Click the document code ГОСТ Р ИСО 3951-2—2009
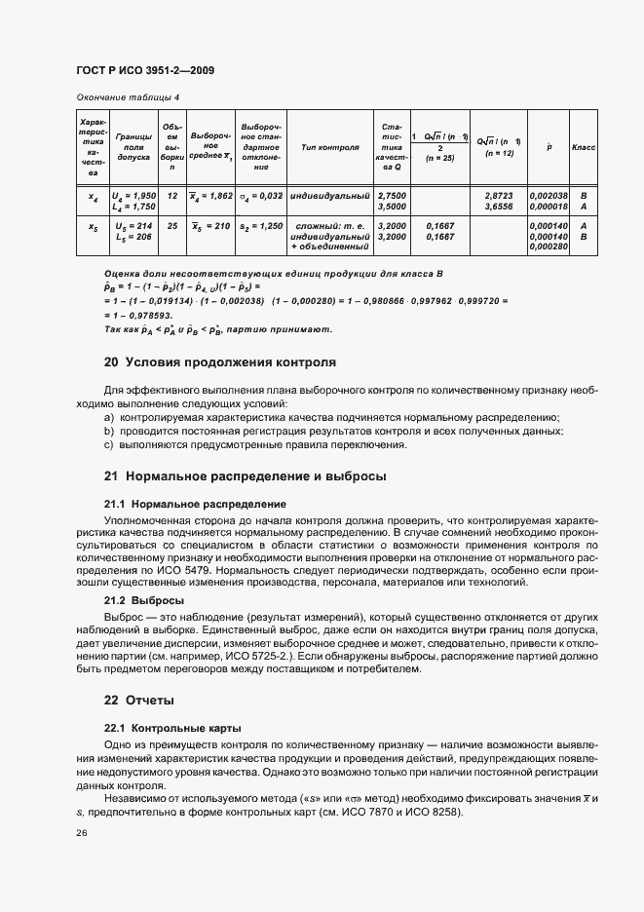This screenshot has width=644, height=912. click(145, 71)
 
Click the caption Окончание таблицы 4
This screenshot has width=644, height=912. click(127, 97)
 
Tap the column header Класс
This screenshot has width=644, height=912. click(585, 147)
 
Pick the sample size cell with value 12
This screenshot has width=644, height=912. click(172, 196)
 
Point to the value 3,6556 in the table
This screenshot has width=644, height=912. click(499, 207)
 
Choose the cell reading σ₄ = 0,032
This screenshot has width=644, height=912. click(261, 196)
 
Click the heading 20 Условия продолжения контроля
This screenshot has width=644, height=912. click(219, 362)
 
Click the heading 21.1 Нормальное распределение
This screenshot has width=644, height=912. click(195, 505)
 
